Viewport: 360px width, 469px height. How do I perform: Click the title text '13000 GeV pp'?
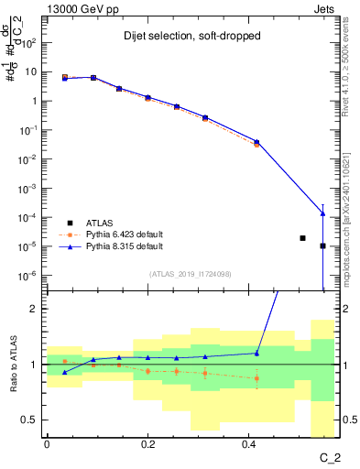pyautogui.click(x=78, y=7)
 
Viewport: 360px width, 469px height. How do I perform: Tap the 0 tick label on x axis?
pyautogui.click(x=46, y=444)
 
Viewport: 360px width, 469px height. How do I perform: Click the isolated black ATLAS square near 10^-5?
pyautogui.click(x=302, y=238)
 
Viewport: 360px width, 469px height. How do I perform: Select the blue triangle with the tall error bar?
pyautogui.click(x=322, y=213)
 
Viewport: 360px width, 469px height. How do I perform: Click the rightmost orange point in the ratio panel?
pyautogui.click(x=256, y=377)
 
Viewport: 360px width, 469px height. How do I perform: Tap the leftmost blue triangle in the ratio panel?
pyautogui.click(x=64, y=372)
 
